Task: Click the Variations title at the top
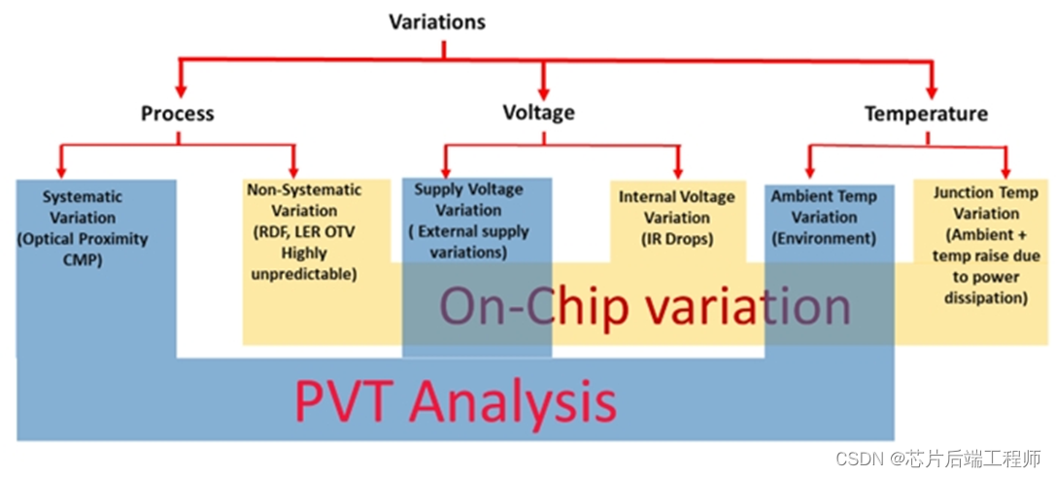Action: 436,20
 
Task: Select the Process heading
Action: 178,114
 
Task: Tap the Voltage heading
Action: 538,112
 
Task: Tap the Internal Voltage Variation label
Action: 676,207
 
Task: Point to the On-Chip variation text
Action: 644,307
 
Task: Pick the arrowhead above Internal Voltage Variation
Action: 677,167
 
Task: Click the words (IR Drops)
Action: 676,238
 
